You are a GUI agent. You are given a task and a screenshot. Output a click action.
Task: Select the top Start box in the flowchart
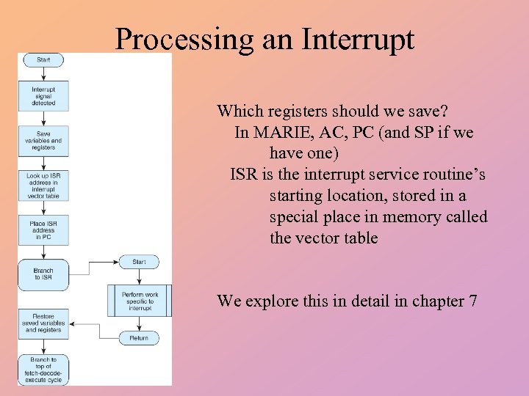[43, 59]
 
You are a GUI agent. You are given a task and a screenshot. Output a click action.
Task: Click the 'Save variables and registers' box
[43, 140]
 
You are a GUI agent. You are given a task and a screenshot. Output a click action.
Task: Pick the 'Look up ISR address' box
[43, 186]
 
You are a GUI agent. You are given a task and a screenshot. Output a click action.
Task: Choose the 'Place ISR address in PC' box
[43, 230]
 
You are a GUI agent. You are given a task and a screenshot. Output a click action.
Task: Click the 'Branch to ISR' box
[43, 274]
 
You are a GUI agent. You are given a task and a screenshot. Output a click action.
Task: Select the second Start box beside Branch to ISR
[139, 262]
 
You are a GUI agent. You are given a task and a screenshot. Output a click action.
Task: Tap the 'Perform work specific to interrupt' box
[140, 301]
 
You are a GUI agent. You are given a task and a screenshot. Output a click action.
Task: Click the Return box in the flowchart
[139, 338]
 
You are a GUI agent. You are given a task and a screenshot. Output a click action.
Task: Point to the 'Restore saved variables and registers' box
[43, 323]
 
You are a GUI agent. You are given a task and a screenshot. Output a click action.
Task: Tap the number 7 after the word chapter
[472, 301]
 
